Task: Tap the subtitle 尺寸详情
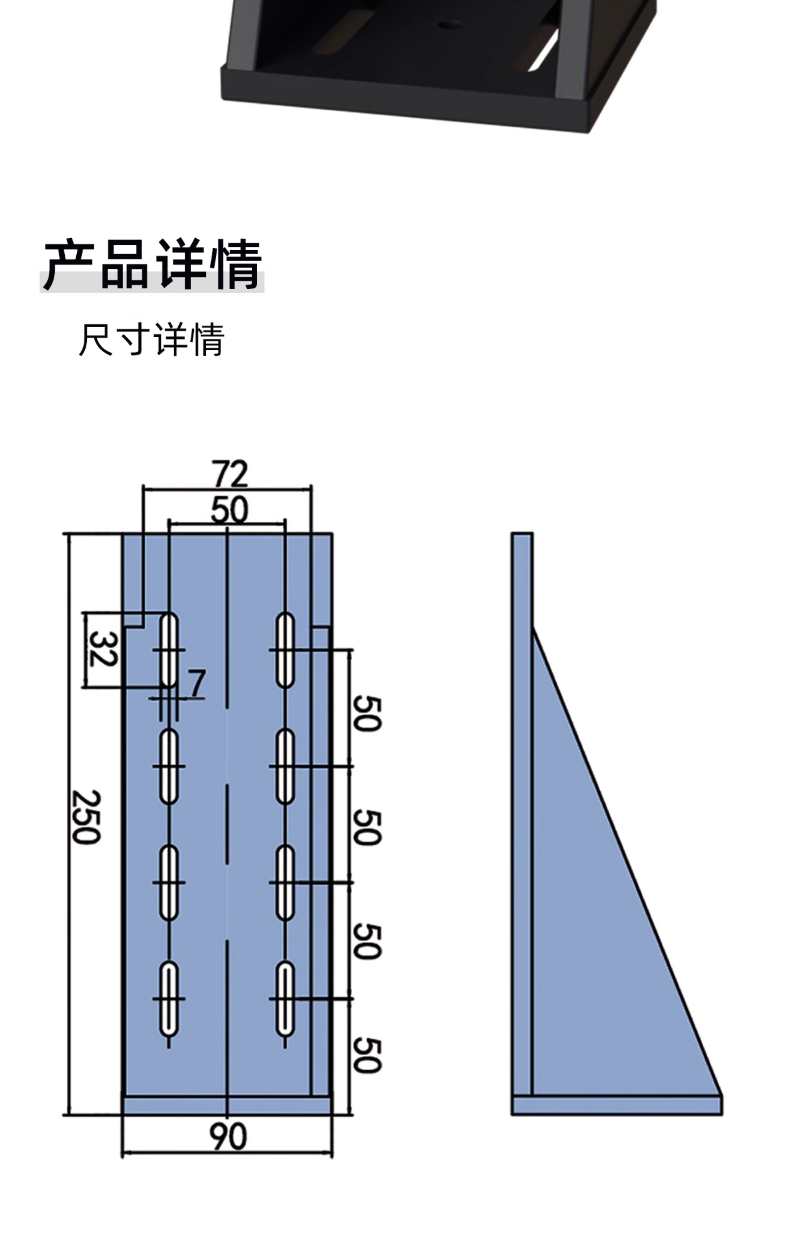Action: pos(152,340)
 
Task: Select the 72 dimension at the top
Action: pos(229,474)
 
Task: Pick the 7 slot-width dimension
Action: pos(197,683)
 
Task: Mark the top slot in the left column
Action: pos(169,649)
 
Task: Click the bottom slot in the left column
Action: pos(169,999)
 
